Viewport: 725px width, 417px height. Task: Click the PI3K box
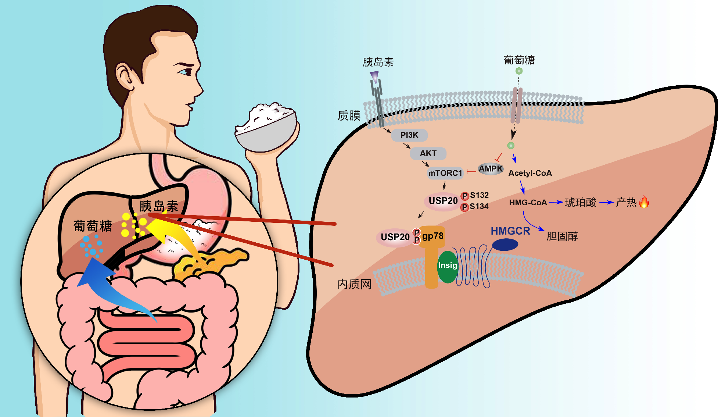(x=409, y=135)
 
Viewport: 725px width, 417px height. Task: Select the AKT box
(x=428, y=153)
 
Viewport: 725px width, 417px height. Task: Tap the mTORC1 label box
(x=445, y=173)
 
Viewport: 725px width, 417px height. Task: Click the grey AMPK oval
(x=491, y=169)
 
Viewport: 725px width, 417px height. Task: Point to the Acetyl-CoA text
(x=530, y=173)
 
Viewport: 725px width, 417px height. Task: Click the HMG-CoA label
(x=528, y=203)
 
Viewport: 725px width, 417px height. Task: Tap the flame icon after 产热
(x=644, y=202)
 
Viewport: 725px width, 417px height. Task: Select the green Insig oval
(x=448, y=267)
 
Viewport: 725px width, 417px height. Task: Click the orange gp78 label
(x=433, y=236)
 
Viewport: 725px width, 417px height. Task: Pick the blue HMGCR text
(x=510, y=231)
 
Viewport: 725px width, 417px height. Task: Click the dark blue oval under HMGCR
(x=505, y=245)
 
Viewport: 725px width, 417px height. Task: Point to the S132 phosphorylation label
(x=479, y=195)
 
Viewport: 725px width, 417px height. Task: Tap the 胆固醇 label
(x=562, y=236)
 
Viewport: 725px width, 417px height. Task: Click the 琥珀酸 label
(x=581, y=202)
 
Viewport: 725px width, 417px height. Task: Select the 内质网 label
(x=354, y=284)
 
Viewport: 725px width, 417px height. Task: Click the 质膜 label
(x=349, y=115)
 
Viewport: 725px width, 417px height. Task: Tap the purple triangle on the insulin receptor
(x=374, y=76)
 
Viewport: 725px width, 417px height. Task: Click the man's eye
(x=184, y=72)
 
